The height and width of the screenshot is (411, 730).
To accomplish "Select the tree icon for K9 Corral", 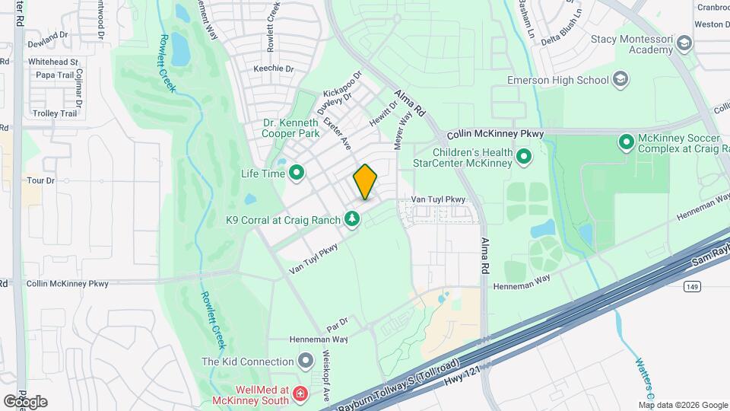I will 352,220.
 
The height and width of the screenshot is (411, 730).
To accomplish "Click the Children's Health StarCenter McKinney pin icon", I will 523,157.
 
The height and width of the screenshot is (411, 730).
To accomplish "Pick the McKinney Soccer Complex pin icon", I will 627,142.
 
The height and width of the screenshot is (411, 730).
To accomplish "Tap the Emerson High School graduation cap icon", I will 621,80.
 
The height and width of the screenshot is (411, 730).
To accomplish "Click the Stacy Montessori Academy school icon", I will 684,44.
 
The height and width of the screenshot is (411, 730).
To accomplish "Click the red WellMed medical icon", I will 301,393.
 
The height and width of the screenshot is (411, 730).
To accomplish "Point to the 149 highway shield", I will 690,286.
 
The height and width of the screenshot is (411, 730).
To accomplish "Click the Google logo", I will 25,401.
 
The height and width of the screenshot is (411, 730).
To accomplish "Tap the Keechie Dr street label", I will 274,68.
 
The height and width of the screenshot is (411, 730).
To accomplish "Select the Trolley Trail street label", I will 55,113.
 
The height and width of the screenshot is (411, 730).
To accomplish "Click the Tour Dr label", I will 41,180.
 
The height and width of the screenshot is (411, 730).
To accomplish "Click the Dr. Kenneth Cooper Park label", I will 290,128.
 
